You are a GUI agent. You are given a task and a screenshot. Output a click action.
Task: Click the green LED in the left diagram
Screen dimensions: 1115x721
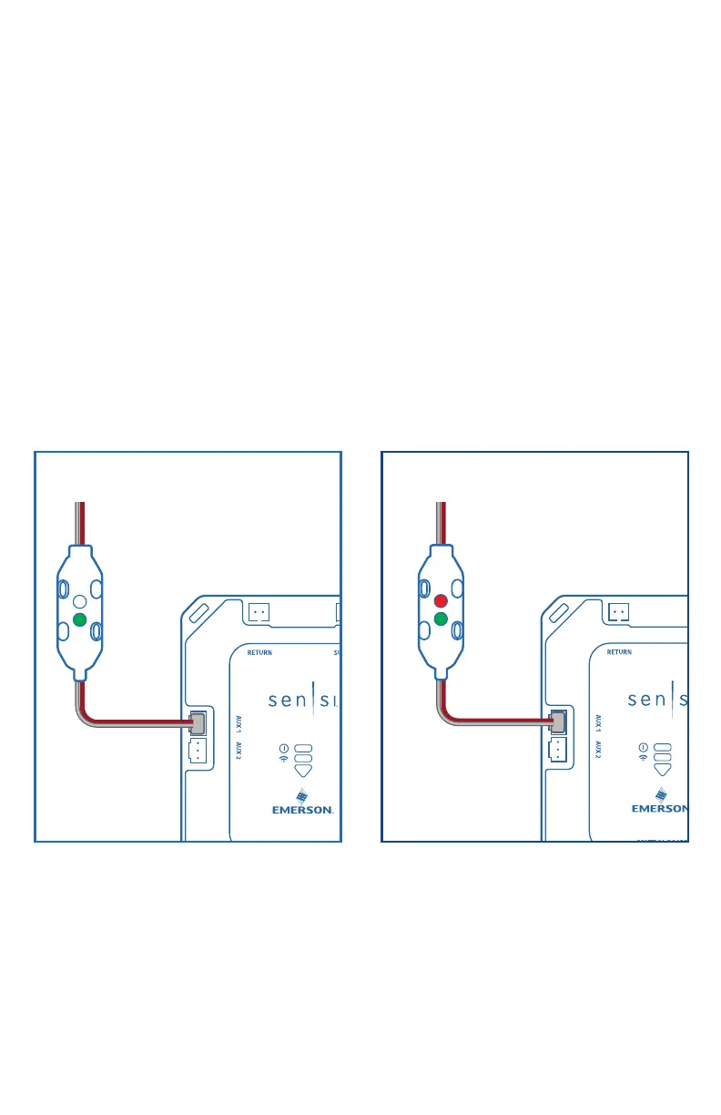[79, 620]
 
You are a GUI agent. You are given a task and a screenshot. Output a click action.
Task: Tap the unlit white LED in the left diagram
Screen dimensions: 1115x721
[79, 601]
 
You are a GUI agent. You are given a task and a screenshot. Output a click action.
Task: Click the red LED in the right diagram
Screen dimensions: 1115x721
[441, 601]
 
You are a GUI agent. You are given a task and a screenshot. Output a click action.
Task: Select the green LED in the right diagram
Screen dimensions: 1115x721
[441, 620]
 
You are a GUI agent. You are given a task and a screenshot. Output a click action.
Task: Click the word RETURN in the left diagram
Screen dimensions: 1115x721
[259, 652]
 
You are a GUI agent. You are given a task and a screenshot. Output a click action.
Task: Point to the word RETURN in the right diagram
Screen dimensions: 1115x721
[619, 652]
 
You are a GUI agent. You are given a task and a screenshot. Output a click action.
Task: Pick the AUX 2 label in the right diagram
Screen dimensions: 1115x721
[597, 751]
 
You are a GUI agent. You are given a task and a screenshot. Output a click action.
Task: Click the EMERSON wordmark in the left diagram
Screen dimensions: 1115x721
[303, 809]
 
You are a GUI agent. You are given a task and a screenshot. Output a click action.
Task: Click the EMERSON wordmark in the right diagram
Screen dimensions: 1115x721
[660, 809]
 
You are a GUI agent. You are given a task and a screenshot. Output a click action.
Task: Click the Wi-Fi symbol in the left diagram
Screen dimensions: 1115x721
[284, 758]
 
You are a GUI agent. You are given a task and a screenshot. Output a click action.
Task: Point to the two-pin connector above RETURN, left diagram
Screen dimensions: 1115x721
[259, 612]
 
